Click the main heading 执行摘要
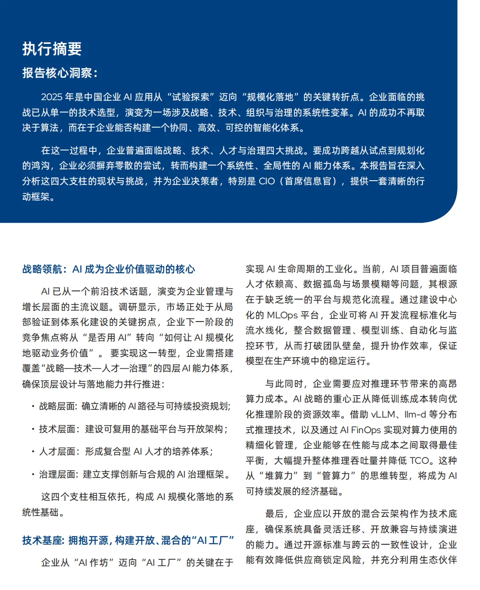click(x=52, y=49)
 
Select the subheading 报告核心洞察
click(x=58, y=73)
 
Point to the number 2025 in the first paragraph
click(x=52, y=97)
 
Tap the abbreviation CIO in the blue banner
click(x=267, y=181)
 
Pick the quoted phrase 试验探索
click(x=191, y=97)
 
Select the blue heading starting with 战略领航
click(x=109, y=269)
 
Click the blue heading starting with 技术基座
click(x=128, y=540)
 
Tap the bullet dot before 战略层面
click(x=33, y=406)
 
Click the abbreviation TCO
click(x=420, y=461)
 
